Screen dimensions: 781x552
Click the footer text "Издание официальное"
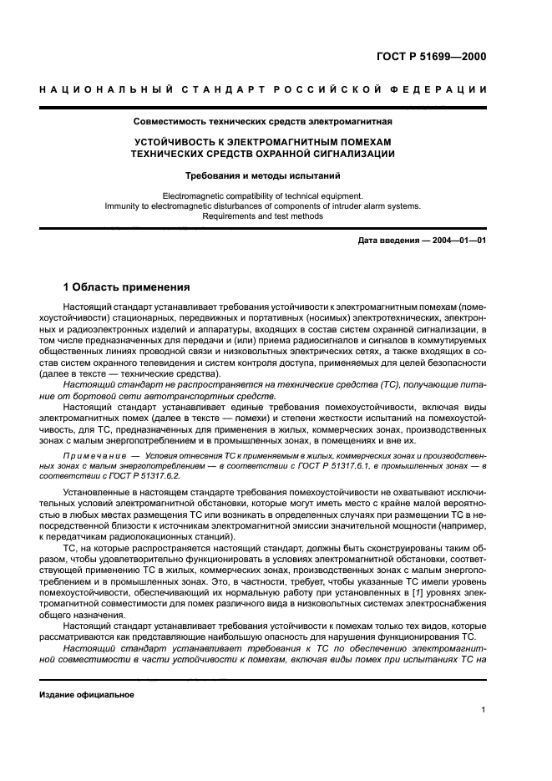coord(86,694)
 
